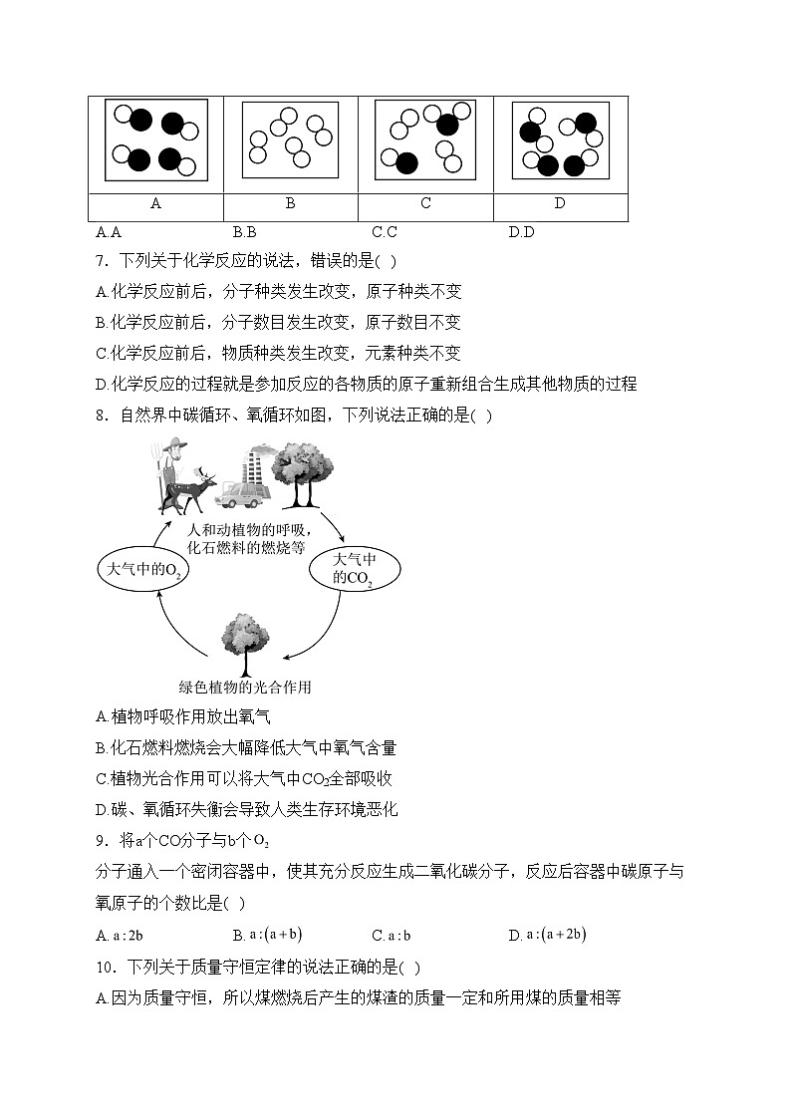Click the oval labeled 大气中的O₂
tap(142, 569)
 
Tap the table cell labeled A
tap(155, 203)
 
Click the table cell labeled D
tap(560, 203)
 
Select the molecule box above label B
tap(290, 140)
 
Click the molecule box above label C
tap(425, 140)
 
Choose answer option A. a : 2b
tap(121, 935)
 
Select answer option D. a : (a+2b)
tap(547, 935)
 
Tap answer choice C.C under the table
tap(385, 233)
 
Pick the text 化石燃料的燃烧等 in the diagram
tap(246, 547)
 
